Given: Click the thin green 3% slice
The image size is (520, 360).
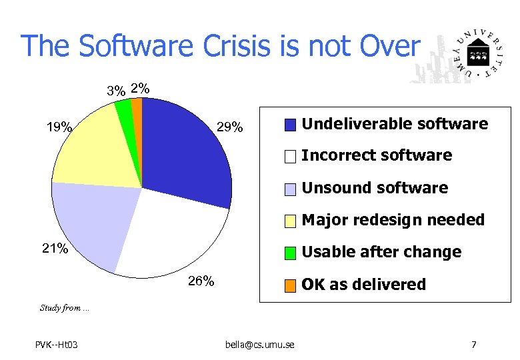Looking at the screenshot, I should pyautogui.click(x=125, y=110).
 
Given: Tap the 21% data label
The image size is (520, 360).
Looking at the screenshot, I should pyautogui.click(x=55, y=249).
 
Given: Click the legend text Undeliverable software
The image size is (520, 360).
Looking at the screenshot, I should pyautogui.click(x=395, y=124).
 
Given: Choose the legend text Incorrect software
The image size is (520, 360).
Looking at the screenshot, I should pyautogui.click(x=377, y=155).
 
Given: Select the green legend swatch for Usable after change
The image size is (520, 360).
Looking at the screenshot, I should pyautogui.click(x=290, y=253).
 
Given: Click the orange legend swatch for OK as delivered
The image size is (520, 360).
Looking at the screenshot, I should pyautogui.click(x=290, y=285).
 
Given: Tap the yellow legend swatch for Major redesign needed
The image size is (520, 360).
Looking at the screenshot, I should pyautogui.click(x=290, y=221).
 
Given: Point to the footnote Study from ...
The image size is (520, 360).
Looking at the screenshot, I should pyautogui.click(x=64, y=307).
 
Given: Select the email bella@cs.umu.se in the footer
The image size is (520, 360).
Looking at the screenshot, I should pyautogui.click(x=259, y=344).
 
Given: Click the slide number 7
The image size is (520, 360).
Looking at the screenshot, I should pyautogui.click(x=473, y=344).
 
